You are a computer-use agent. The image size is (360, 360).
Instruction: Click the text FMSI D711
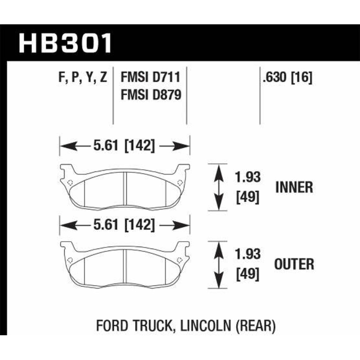pyautogui.click(x=150, y=78)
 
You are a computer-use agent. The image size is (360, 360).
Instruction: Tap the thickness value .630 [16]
pyautogui.click(x=287, y=78)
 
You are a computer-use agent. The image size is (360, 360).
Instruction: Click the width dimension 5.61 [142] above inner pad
pyautogui.click(x=125, y=146)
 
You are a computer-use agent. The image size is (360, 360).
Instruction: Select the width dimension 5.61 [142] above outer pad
pyautogui.click(x=125, y=224)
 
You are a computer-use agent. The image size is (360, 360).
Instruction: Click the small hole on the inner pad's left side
pyautogui.click(x=69, y=183)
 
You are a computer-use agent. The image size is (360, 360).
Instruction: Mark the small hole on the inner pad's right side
pyautogui.click(x=180, y=183)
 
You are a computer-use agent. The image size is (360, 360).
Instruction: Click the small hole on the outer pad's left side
pyautogui.click(x=69, y=260)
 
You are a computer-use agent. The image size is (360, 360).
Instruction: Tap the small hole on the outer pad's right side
pyautogui.click(x=180, y=260)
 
